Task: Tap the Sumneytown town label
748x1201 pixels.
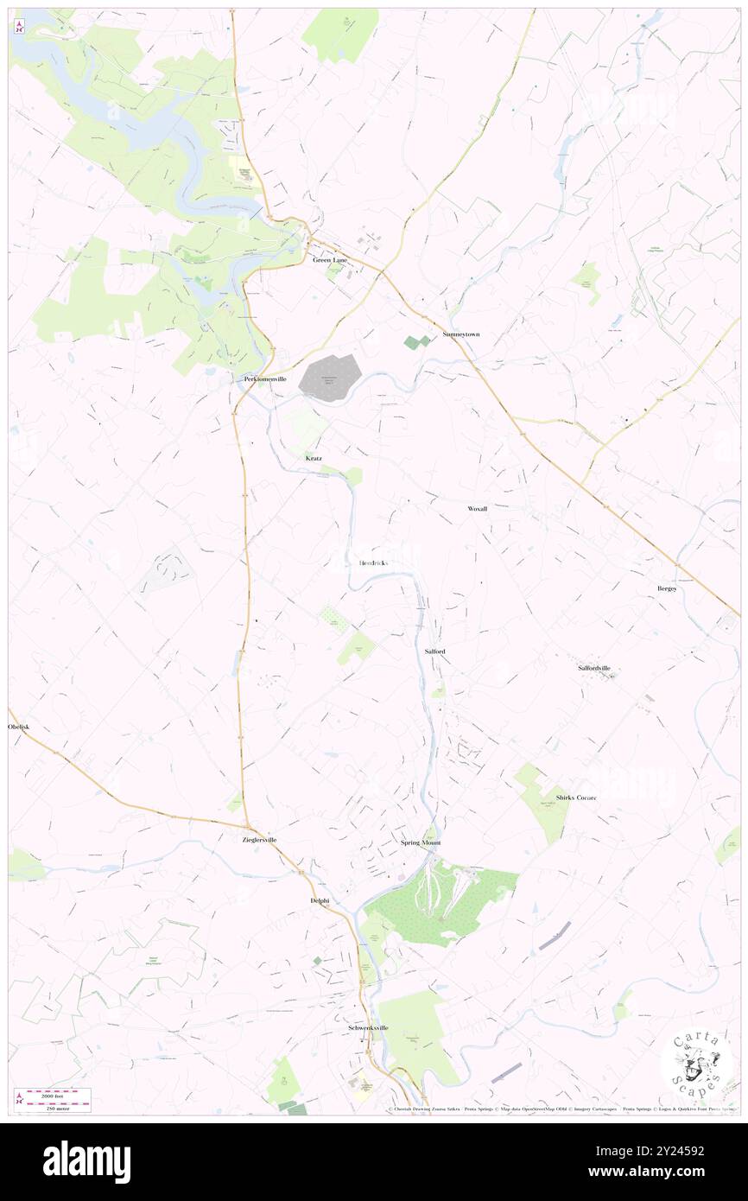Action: [460, 334]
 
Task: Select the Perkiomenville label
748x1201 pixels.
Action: [264, 379]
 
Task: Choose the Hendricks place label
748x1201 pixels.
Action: [373, 563]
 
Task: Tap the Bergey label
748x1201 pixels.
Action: [667, 588]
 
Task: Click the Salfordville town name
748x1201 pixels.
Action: [600, 668]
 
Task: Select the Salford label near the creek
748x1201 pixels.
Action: [434, 651]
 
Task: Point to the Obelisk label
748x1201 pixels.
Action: [19, 727]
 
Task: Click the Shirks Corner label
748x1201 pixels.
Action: [577, 797]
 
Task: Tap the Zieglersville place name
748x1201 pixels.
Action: [260, 840]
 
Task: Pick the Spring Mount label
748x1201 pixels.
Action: [421, 842]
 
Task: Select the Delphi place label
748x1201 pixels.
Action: [320, 900]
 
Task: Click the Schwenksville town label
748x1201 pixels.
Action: [368, 1028]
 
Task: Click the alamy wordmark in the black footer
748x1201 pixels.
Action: [86, 1161]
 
